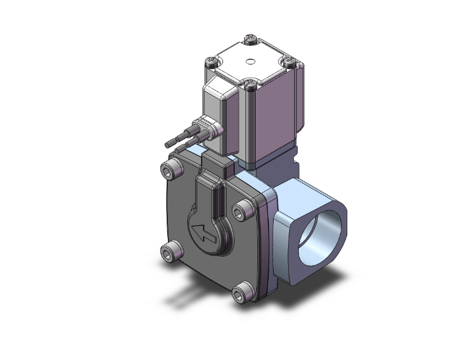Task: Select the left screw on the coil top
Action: pyautogui.click(x=212, y=63)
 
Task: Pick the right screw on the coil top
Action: pyautogui.click(x=289, y=61)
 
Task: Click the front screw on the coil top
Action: pyautogui.click(x=251, y=83)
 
